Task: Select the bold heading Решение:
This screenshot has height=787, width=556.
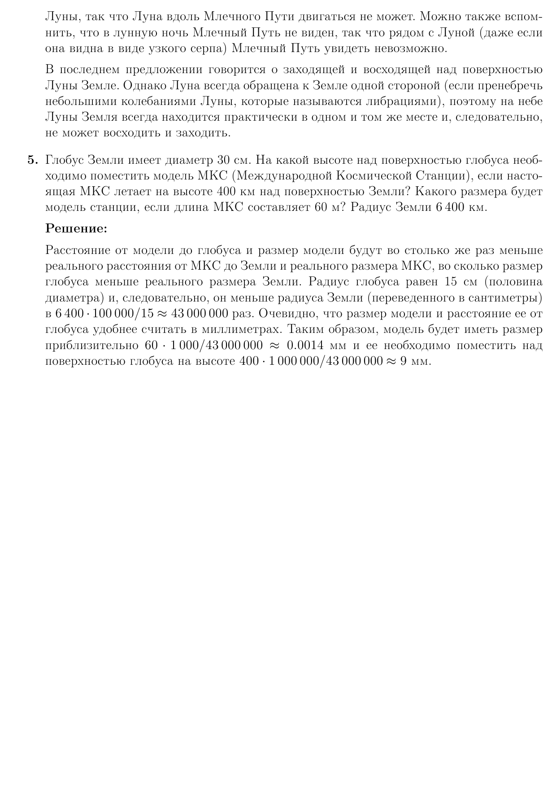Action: (77, 229)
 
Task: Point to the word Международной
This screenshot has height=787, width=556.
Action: (284, 176)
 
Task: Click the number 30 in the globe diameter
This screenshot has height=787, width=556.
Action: (224, 160)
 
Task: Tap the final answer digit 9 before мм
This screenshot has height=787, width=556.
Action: (403, 361)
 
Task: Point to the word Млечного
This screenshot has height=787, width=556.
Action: (230, 17)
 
